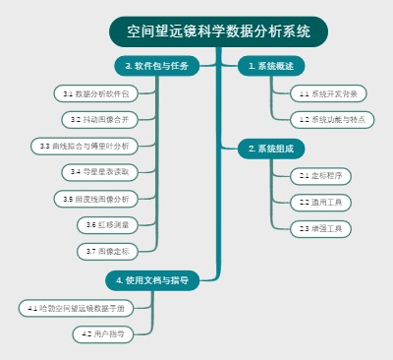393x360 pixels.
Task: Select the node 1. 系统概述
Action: (x=269, y=66)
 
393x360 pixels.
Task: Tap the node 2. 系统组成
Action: (x=269, y=148)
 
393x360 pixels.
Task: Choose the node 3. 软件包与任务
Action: (x=157, y=66)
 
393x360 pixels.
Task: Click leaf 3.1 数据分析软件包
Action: (x=95, y=93)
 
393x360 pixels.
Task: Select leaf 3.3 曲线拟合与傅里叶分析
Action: (x=84, y=146)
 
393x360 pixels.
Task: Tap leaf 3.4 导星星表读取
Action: (x=99, y=171)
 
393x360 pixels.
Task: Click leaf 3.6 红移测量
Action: (x=106, y=224)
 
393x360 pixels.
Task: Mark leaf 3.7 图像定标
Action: (x=106, y=251)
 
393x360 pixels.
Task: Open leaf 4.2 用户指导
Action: (x=102, y=334)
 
